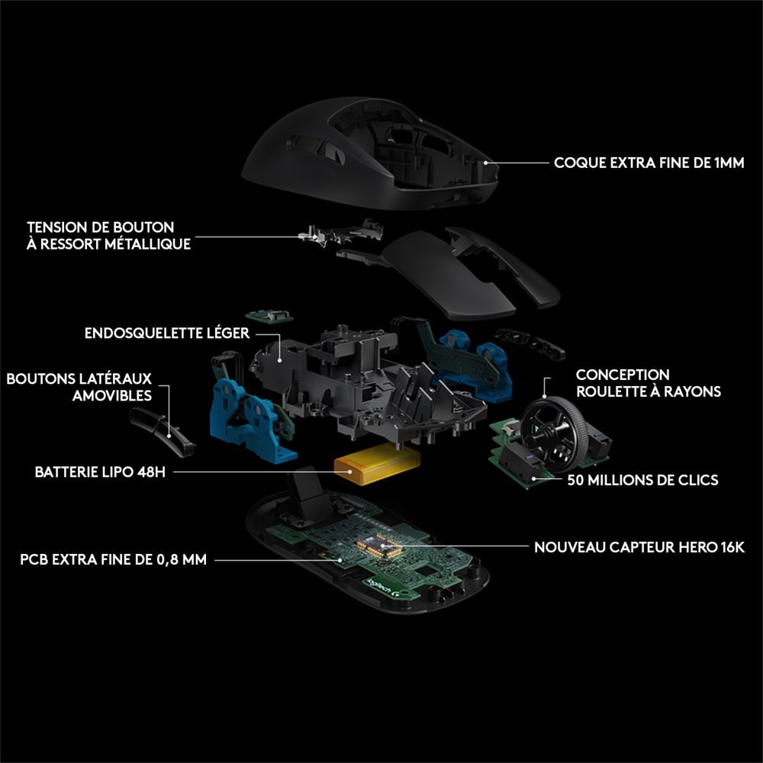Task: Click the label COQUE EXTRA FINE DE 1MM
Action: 649,163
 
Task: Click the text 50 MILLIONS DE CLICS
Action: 642,481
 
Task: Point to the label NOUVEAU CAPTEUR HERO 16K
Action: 639,547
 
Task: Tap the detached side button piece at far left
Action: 161,430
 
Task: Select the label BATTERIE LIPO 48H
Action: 99,472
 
